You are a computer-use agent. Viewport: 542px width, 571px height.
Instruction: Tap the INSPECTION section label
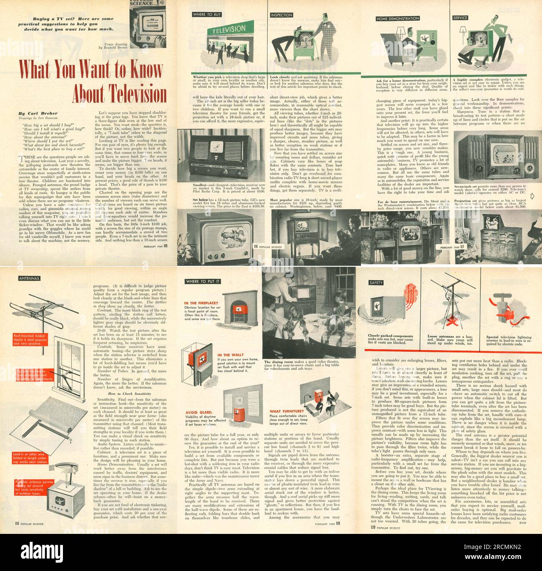(281, 15)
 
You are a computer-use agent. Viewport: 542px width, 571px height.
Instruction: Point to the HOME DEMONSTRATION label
(398, 19)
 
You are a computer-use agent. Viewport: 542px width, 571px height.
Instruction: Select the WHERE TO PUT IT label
(203, 281)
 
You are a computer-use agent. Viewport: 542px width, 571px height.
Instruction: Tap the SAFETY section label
(376, 283)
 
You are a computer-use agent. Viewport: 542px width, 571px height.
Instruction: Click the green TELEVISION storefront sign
(229, 30)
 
